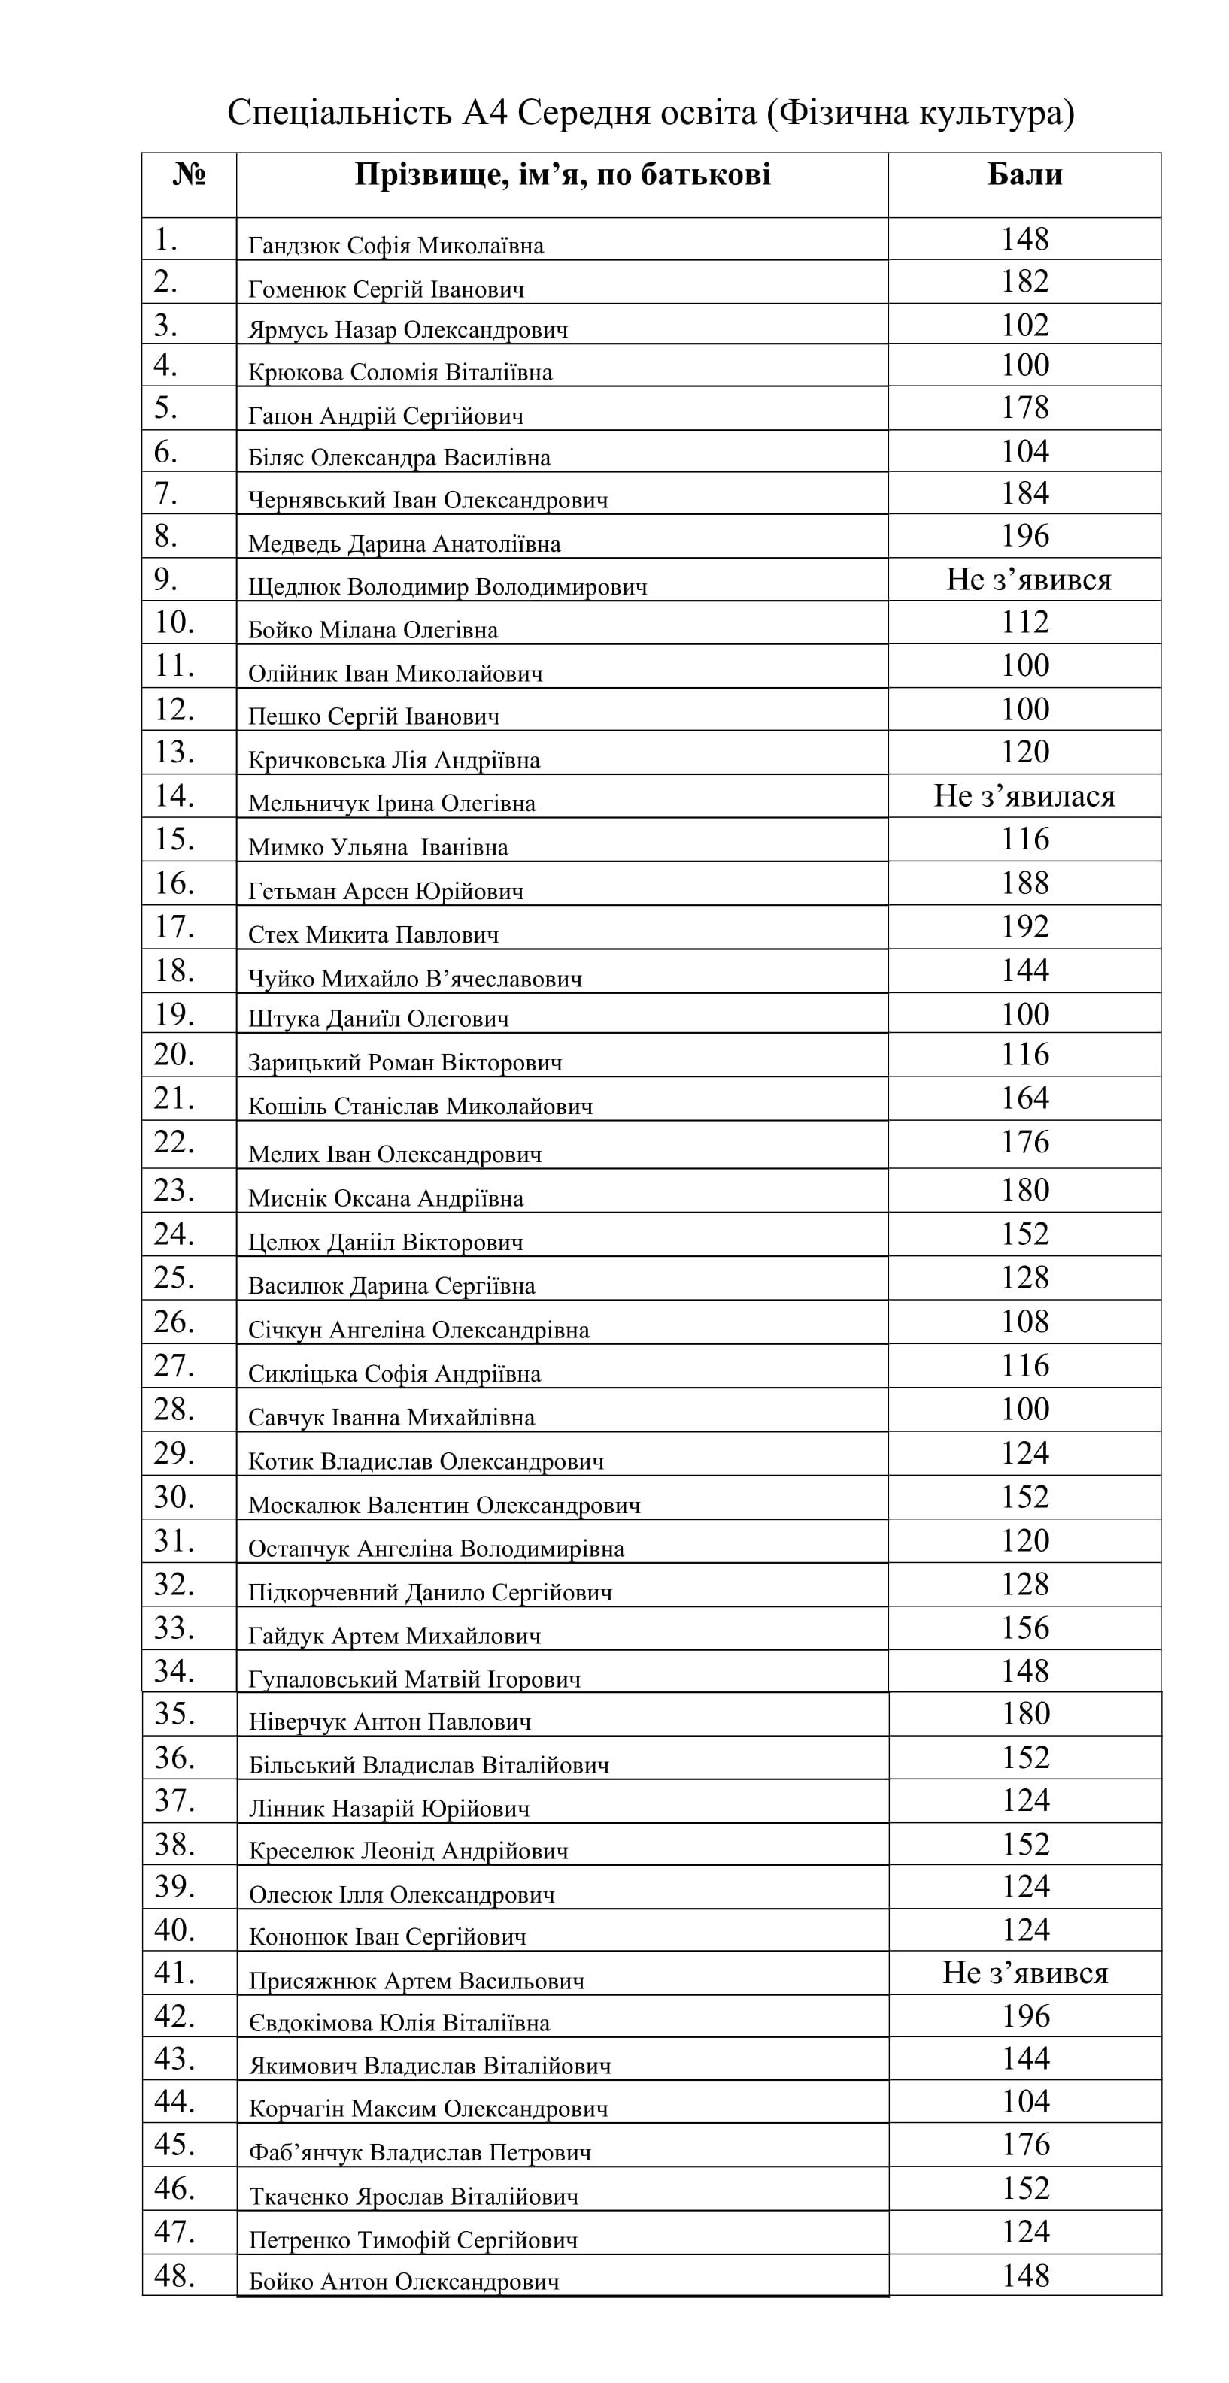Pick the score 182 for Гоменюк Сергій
(x=1024, y=281)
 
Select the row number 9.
(x=165, y=579)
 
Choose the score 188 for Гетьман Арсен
(x=1024, y=883)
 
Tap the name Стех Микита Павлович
(x=373, y=934)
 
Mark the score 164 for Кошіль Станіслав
(x=1024, y=1098)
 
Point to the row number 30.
(x=173, y=1497)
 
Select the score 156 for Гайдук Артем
(x=1024, y=1628)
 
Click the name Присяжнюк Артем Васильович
(x=417, y=1981)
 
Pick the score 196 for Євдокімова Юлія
(x=1025, y=2017)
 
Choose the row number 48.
(x=174, y=2276)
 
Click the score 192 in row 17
(x=1024, y=926)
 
